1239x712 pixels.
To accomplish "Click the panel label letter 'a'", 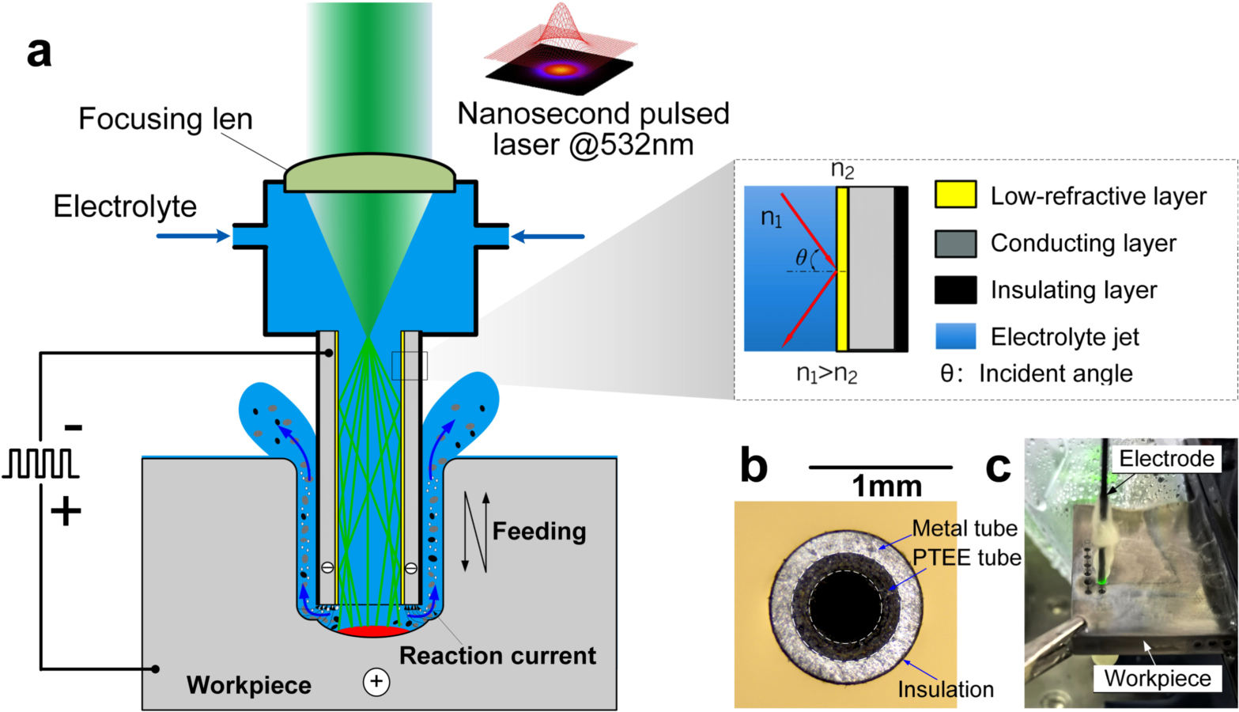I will tap(39, 52).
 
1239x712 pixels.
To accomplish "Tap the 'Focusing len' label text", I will tap(165, 119).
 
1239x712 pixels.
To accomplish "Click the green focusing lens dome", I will tap(369, 172).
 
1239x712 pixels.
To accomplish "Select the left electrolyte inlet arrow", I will tap(192, 236).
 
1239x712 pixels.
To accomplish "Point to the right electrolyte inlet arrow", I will tap(547, 236).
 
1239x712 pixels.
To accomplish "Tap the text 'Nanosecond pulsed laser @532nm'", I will tap(593, 129).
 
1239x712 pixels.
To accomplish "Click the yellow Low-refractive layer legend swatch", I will tap(954, 195).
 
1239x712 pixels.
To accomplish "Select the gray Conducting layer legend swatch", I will tap(954, 243).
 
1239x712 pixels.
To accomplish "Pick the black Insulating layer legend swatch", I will tap(954, 290).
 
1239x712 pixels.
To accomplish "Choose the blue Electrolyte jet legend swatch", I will tap(954, 336).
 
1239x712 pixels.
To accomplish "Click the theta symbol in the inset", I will tap(802, 257).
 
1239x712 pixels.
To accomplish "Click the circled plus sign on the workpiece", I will tap(376, 681).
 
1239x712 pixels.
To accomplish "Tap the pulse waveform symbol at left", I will tap(40, 464).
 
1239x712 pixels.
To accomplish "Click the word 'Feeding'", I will tap(539, 531).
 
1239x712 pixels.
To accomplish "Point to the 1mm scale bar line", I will tap(880, 468).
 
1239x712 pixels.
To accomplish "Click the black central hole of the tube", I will tap(845, 605).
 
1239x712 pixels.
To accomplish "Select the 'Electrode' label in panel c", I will tap(1166, 458).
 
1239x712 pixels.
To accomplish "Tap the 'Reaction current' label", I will tap(497, 655).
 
